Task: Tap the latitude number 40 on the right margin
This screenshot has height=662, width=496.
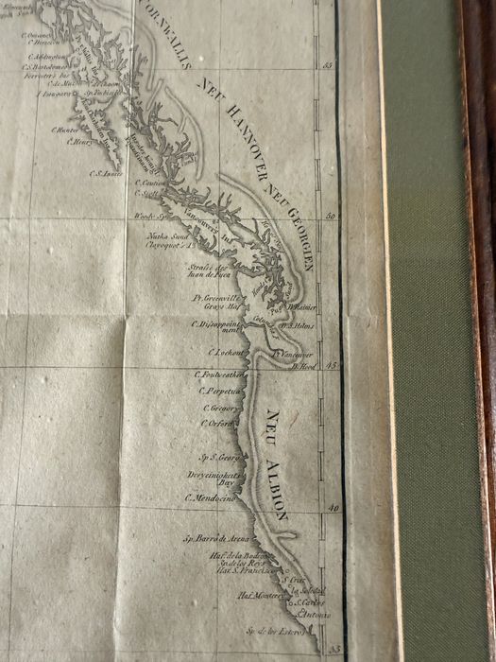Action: tap(331, 509)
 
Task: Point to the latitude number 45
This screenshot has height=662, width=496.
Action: tap(331, 365)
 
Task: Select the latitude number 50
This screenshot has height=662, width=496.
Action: tap(331, 217)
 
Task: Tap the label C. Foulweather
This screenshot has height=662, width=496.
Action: tap(219, 375)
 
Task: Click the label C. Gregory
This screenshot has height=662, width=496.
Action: tap(218, 408)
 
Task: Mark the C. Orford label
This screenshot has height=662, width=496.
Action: tap(216, 423)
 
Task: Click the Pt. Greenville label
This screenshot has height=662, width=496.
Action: tap(213, 297)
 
